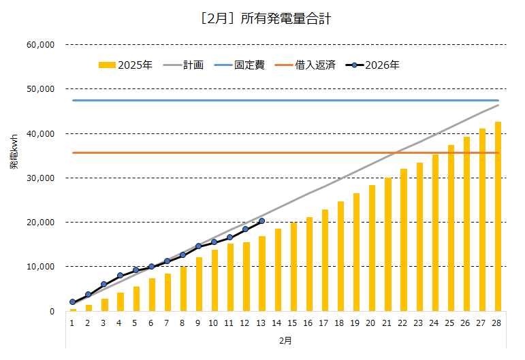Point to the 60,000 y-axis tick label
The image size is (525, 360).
[x=40, y=45]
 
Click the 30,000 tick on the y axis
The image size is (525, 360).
[x=40, y=178]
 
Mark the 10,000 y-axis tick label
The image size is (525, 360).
[x=40, y=267]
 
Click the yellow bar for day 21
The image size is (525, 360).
[x=387, y=244]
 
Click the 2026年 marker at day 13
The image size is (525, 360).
[x=261, y=221]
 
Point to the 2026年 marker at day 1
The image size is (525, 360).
[x=72, y=302]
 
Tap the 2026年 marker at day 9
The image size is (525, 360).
[x=199, y=246]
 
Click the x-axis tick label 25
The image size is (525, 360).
[x=451, y=323]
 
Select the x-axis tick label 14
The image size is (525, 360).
[x=278, y=323]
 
